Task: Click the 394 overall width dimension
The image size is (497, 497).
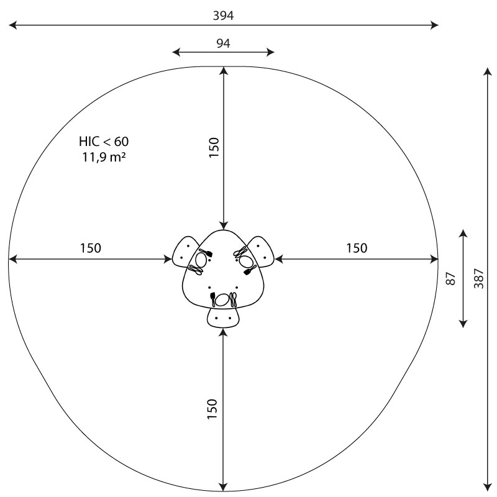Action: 223,16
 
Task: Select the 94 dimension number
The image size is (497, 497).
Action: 224,43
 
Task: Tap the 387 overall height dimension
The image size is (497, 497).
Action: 479,278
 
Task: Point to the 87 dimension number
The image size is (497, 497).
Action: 450,278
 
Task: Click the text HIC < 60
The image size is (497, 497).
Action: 104,142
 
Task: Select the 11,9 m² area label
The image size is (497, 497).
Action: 104,157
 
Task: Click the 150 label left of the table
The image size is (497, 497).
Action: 90,248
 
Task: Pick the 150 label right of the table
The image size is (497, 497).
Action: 357,248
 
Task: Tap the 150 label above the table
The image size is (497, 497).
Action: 214,147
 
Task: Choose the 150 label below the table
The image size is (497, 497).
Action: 212,409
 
